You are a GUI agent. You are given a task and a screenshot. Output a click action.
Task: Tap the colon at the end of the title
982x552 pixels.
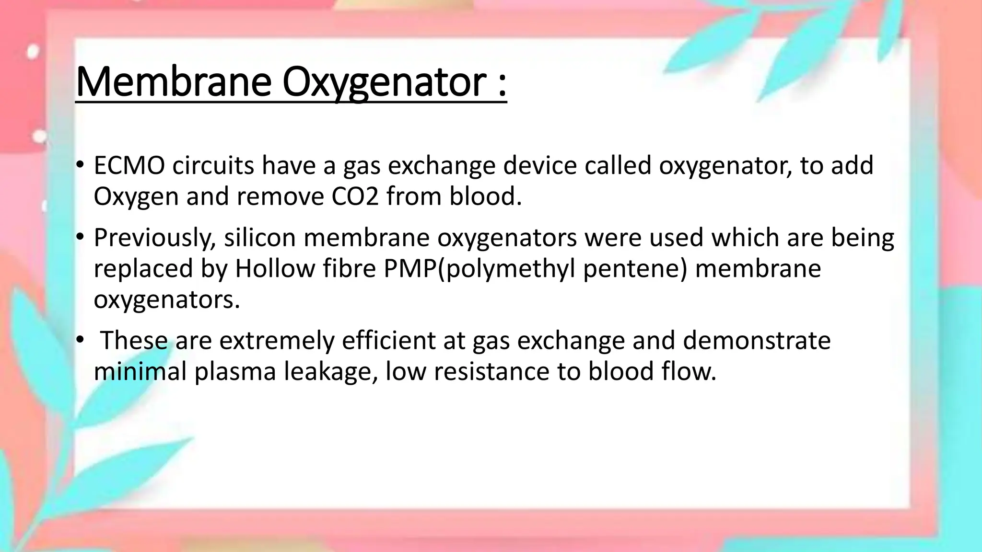click(502, 86)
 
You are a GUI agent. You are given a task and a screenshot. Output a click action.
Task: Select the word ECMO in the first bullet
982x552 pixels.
click(129, 166)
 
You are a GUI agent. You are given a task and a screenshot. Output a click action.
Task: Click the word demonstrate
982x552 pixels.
click(756, 341)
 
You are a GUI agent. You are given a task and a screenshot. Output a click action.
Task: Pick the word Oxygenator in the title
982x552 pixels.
click(385, 82)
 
